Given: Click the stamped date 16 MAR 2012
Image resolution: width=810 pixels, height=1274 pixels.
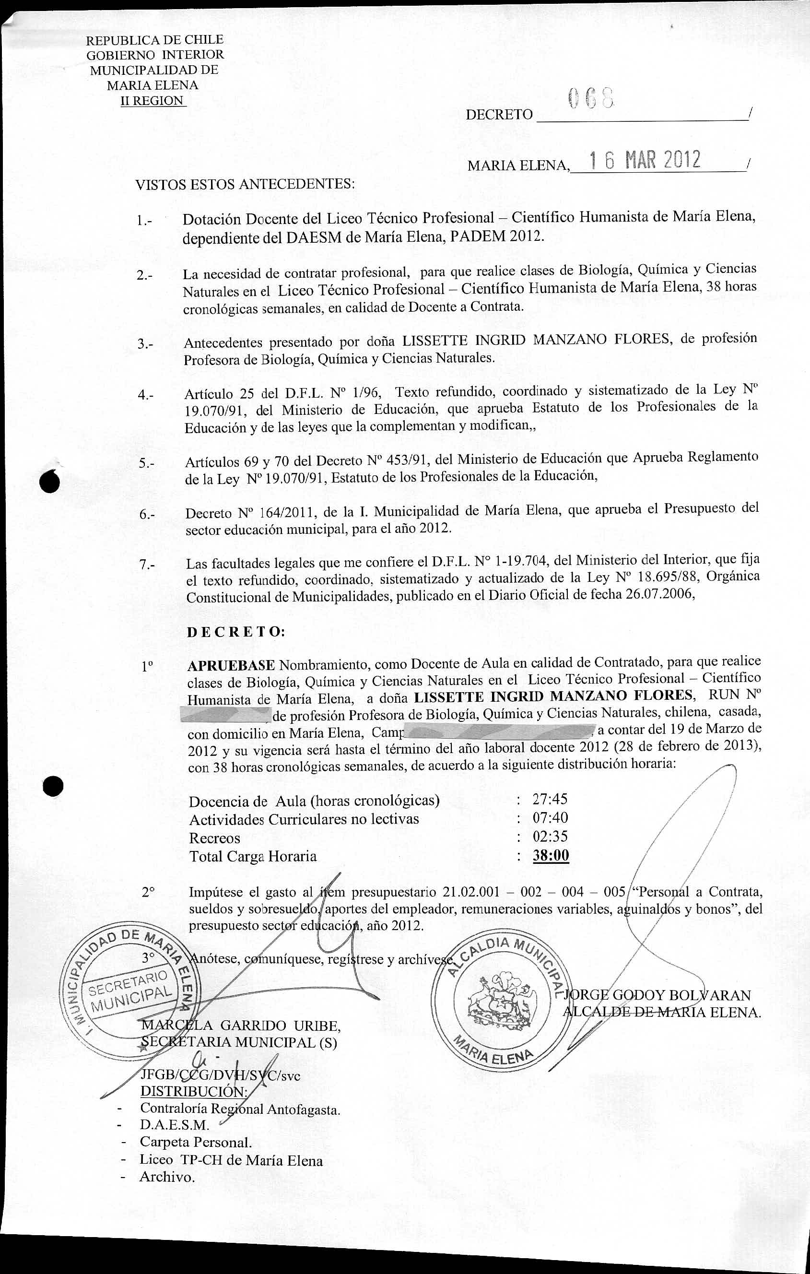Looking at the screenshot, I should pos(645,160).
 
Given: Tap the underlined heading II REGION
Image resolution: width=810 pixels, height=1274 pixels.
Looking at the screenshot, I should pos(153,101).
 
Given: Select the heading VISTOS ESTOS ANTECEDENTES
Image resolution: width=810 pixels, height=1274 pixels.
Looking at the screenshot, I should pos(245,184).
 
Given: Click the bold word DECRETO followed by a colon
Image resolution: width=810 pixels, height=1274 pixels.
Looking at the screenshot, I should pos(236,632).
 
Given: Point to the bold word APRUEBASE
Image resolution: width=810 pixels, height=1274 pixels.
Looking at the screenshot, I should pos(231,664).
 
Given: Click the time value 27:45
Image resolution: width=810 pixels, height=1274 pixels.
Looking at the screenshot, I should pos(550,800).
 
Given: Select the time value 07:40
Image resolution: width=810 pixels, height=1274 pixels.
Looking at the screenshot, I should pos(550,818).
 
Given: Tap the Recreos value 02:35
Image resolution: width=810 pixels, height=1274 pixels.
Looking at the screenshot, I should pos(550,837).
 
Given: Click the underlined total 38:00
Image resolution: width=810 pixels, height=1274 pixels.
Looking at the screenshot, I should pos(551,856).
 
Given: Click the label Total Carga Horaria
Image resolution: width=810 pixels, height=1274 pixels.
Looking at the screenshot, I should pos(253,856).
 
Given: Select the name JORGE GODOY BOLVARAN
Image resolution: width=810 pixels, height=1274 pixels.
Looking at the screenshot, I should pos(657,995).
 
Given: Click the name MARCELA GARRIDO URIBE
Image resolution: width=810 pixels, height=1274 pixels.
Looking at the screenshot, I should pos(241,1026).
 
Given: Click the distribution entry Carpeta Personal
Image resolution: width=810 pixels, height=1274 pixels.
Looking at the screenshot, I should pos(195,1142).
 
